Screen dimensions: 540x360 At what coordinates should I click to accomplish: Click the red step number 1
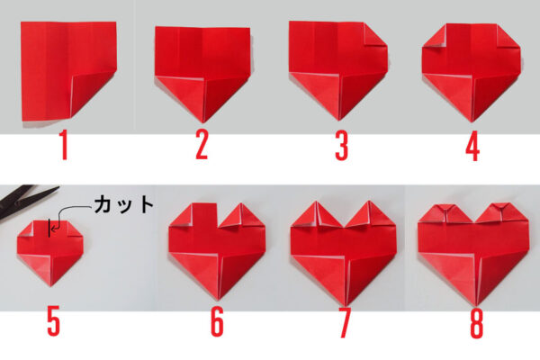(x=64, y=145)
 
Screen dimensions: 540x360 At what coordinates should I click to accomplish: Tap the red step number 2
(x=202, y=146)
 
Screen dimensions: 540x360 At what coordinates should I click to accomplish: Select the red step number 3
(x=342, y=146)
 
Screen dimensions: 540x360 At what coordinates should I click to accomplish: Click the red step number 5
(x=54, y=321)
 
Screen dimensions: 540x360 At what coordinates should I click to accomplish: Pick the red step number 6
(x=217, y=322)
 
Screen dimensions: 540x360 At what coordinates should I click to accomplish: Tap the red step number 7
(x=345, y=323)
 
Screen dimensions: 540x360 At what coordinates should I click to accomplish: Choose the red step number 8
(x=477, y=323)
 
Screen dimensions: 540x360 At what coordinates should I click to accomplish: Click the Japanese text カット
(x=124, y=204)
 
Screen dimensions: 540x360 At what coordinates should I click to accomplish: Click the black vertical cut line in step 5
(x=49, y=228)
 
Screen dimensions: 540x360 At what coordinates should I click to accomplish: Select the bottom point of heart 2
(x=203, y=122)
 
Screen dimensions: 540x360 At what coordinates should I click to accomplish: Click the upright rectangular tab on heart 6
(x=204, y=214)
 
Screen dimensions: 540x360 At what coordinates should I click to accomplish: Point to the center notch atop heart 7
(x=344, y=226)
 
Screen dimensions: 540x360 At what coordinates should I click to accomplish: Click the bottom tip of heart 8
(x=477, y=305)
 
